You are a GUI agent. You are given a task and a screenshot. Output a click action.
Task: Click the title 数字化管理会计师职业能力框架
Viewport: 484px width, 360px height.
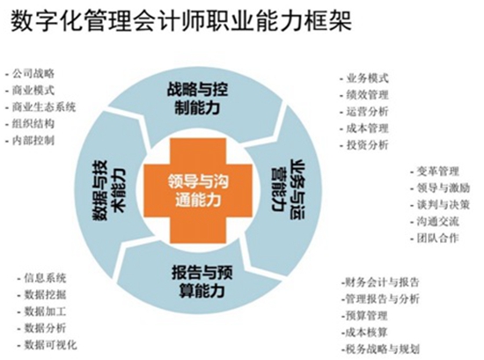(x=181, y=21)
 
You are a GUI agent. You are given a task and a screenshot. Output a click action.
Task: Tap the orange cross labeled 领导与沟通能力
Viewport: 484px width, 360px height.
(x=198, y=190)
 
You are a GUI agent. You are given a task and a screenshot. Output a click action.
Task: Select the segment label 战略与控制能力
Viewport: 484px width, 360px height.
(x=197, y=99)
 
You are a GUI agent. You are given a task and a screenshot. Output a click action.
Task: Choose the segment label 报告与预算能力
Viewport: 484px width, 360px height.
(x=202, y=282)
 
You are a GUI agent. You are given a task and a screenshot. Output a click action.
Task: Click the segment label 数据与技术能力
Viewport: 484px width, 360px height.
(x=109, y=190)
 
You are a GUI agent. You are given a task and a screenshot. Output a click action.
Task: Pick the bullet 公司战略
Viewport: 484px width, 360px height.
(x=30, y=73)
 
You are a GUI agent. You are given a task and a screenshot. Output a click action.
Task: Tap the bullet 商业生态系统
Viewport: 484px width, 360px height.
(x=40, y=107)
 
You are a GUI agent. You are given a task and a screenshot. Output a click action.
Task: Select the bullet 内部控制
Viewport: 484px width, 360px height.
(x=30, y=141)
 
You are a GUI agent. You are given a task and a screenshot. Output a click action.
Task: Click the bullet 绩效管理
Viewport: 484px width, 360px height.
(x=364, y=95)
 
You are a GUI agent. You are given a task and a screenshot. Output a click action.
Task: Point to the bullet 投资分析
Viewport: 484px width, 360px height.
(x=364, y=145)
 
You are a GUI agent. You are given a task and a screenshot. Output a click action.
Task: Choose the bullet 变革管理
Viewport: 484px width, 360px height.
(x=435, y=171)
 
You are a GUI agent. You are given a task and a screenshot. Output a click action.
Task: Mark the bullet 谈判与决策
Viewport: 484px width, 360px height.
(x=440, y=204)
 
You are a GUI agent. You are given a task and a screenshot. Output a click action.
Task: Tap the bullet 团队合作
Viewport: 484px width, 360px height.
(x=435, y=238)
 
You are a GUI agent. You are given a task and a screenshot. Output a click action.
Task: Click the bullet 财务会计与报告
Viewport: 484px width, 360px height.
(x=380, y=283)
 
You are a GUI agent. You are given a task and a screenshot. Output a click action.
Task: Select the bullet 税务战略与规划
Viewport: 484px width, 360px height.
(x=380, y=349)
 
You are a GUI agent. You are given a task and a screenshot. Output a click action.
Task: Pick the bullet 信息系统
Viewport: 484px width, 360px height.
(x=42, y=278)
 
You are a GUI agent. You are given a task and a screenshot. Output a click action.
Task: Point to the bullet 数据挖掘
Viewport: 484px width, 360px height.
(x=42, y=295)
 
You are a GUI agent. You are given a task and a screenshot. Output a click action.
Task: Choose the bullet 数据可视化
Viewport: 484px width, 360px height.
(x=48, y=345)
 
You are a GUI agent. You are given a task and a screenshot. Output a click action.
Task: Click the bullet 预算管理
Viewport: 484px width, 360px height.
(x=364, y=315)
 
